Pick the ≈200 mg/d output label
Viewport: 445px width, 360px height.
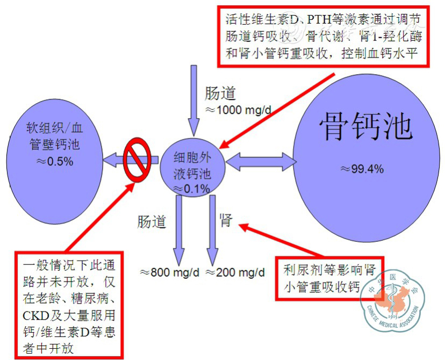[x=235, y=272]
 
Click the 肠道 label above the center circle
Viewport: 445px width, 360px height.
[x=220, y=93]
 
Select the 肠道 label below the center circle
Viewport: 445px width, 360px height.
[x=152, y=222]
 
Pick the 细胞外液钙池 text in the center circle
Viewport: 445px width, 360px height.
[x=191, y=166]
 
